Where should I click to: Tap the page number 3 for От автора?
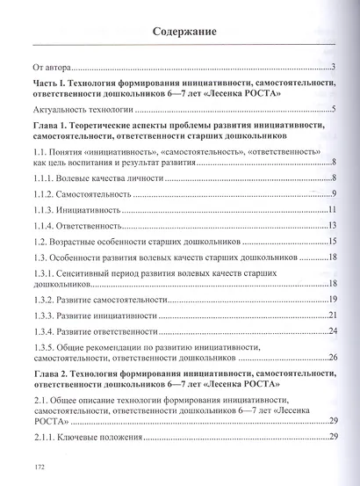click(x=336, y=67)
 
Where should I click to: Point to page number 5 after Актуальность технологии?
click(x=335, y=110)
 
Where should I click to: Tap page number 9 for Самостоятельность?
click(x=335, y=194)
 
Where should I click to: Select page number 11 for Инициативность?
click(x=334, y=210)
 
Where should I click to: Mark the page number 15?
click(x=334, y=241)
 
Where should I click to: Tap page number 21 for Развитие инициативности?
click(x=334, y=315)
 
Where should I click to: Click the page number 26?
click(x=334, y=358)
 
